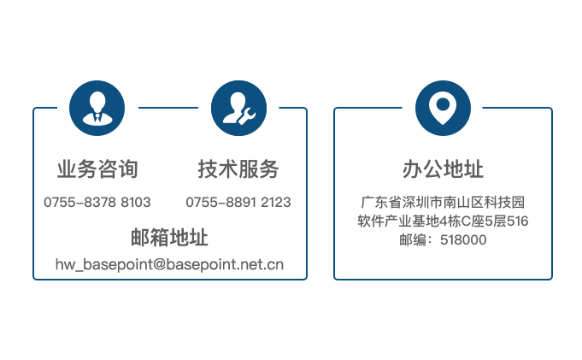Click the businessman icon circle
97,108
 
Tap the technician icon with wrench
238,108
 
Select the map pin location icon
443,108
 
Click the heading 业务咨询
97,169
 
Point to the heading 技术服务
238,169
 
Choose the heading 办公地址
443,169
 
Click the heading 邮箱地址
169,238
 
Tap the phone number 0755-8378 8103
97,202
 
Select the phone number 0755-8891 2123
238,202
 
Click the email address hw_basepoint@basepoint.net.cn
169,264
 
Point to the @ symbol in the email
159,264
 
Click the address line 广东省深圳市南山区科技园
443,202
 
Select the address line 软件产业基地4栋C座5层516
443,221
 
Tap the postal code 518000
463,240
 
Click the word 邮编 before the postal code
413,240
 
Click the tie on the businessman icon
97,117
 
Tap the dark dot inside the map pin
443,104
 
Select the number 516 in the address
517,221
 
